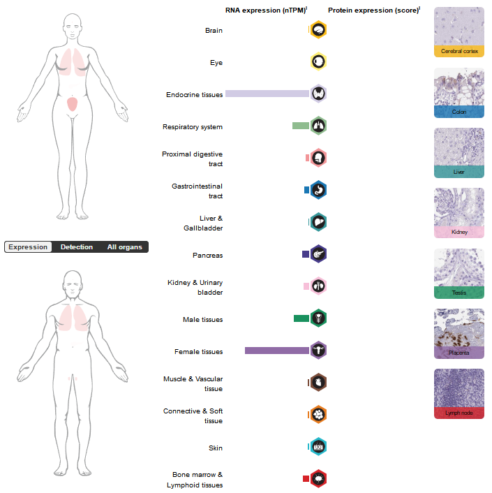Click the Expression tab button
pyautogui.click(x=28, y=247)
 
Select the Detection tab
pyautogui.click(x=77, y=247)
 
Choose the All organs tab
pyautogui.click(x=124, y=247)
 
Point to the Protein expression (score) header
pyautogui.click(x=373, y=10)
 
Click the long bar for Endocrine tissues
pyautogui.click(x=267, y=94)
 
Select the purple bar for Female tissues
pyautogui.click(x=276, y=351)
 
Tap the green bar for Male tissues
pyautogui.click(x=301, y=318)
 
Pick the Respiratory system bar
pyautogui.click(x=301, y=126)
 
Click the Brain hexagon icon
pyautogui.click(x=318, y=30)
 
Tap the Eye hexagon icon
pyautogui.click(x=318, y=62)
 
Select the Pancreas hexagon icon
pyautogui.click(x=318, y=254)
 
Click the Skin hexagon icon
pyautogui.click(x=318, y=447)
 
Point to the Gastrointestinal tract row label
pyautogui.click(x=197, y=191)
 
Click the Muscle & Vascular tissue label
pyautogui.click(x=193, y=383)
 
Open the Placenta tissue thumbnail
pyautogui.click(x=459, y=333)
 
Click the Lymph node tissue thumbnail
pyautogui.click(x=459, y=393)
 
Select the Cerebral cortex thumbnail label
pyautogui.click(x=459, y=51)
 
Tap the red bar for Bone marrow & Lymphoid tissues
pyautogui.click(x=306, y=479)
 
